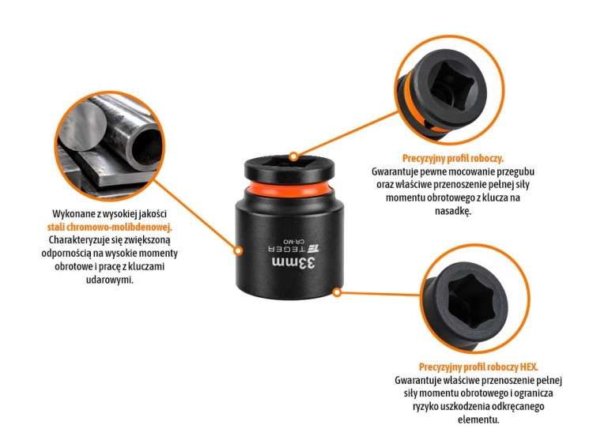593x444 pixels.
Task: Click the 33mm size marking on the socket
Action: [x=293, y=263]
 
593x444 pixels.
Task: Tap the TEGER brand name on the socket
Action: [x=287, y=249]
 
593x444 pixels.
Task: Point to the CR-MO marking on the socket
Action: [x=294, y=241]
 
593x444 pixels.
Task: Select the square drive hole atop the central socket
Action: [x=289, y=163]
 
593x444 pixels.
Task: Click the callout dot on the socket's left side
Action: [x=238, y=250]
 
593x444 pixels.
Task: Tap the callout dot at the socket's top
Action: [x=293, y=156]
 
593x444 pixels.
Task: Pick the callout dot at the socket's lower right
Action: [x=338, y=292]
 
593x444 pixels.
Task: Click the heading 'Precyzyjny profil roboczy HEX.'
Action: [x=478, y=367]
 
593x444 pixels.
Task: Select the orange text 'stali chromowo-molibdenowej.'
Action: [x=110, y=227]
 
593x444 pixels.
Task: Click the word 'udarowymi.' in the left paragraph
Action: [x=110, y=280]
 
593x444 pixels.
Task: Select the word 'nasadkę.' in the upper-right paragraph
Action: [x=453, y=211]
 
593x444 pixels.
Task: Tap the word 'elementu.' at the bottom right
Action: [x=478, y=420]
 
